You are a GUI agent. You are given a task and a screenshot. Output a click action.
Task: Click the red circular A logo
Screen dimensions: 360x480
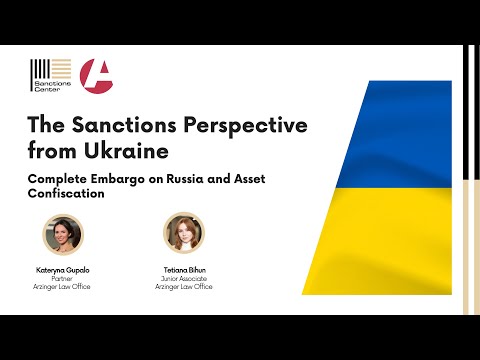point(96,75)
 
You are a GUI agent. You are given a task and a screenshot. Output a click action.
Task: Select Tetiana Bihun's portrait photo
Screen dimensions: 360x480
point(183,233)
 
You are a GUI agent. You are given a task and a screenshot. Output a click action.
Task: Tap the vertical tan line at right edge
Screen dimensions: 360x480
point(472,180)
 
